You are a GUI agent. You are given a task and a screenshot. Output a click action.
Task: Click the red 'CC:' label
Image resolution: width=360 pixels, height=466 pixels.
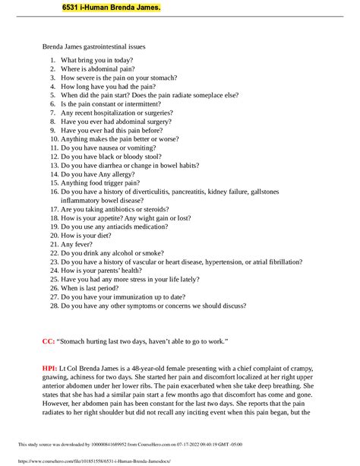coord(48,342)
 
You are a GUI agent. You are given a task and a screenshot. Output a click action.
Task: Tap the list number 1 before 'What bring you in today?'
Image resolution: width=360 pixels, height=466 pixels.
coord(53,60)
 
